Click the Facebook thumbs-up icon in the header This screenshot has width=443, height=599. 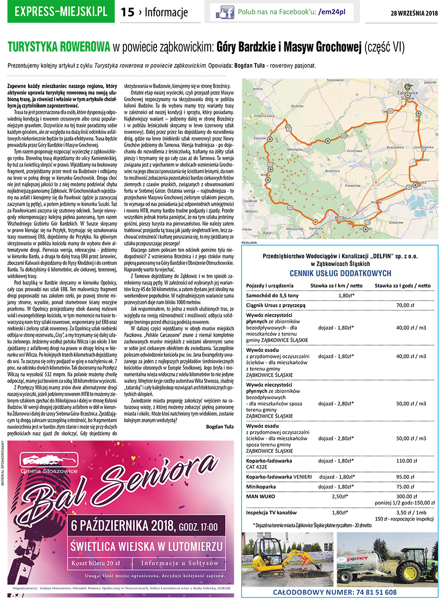(x=225, y=11)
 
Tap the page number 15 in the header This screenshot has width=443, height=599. (x=127, y=12)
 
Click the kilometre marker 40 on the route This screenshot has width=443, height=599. (x=343, y=135)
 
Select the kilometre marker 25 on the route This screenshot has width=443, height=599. (x=290, y=208)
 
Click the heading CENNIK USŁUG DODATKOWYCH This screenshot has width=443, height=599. (x=340, y=273)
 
